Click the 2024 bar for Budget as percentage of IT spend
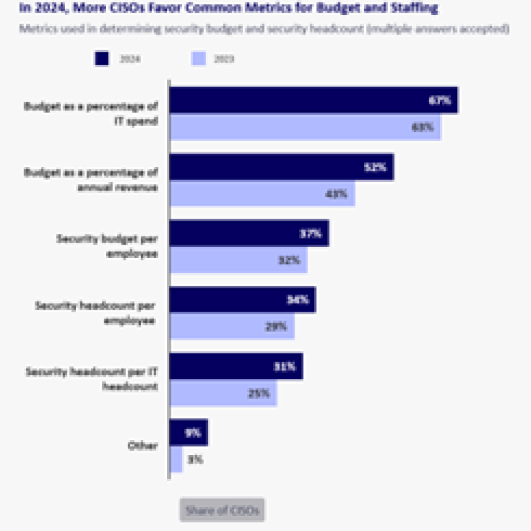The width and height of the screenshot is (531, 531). (313, 100)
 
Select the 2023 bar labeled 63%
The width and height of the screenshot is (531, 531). (305, 127)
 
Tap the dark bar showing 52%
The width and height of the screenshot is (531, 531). (281, 168)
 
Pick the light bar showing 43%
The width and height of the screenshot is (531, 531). (262, 194)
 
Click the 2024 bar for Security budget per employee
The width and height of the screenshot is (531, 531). (248, 234)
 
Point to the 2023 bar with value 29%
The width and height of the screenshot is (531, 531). (231, 327)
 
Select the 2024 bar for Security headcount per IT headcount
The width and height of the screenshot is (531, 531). (235, 367)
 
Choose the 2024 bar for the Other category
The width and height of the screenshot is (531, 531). (188, 433)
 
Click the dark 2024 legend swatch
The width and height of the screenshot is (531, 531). (102, 59)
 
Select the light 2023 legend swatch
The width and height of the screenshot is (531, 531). (198, 59)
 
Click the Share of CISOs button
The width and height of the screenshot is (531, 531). (222, 510)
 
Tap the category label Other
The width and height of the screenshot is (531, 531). (142, 446)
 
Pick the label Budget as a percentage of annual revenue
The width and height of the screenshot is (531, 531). (91, 180)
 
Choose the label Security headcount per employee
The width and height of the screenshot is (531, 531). (95, 313)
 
